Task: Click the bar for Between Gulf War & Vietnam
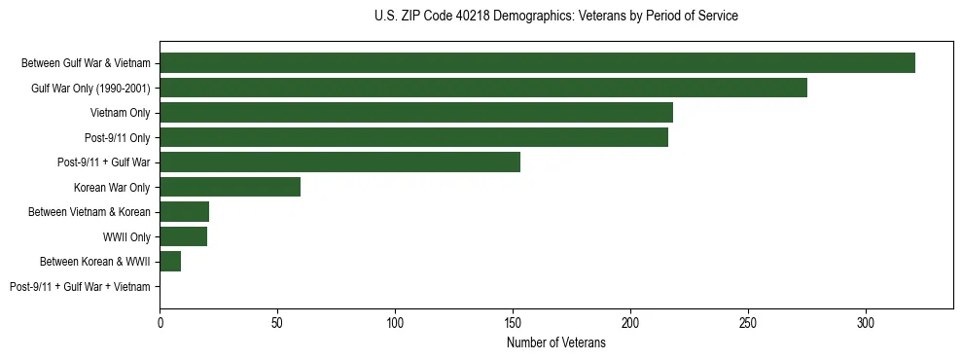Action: (x=537, y=63)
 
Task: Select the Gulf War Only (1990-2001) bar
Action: (x=483, y=89)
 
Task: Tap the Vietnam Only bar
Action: (x=416, y=113)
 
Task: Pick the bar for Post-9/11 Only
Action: (x=413, y=138)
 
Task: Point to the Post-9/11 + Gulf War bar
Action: (x=339, y=162)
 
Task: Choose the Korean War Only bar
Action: (x=230, y=188)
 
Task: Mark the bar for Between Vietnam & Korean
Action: (x=184, y=212)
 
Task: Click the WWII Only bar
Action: (x=183, y=237)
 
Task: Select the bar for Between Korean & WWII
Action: (x=170, y=262)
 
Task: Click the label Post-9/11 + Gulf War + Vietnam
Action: (x=80, y=287)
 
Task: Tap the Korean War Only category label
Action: (x=112, y=188)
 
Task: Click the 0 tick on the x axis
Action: (x=160, y=323)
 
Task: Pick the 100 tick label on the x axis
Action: (x=395, y=323)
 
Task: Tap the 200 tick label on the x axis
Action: (x=630, y=323)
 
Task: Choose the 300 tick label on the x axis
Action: (x=866, y=323)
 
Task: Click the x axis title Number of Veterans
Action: (x=556, y=342)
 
